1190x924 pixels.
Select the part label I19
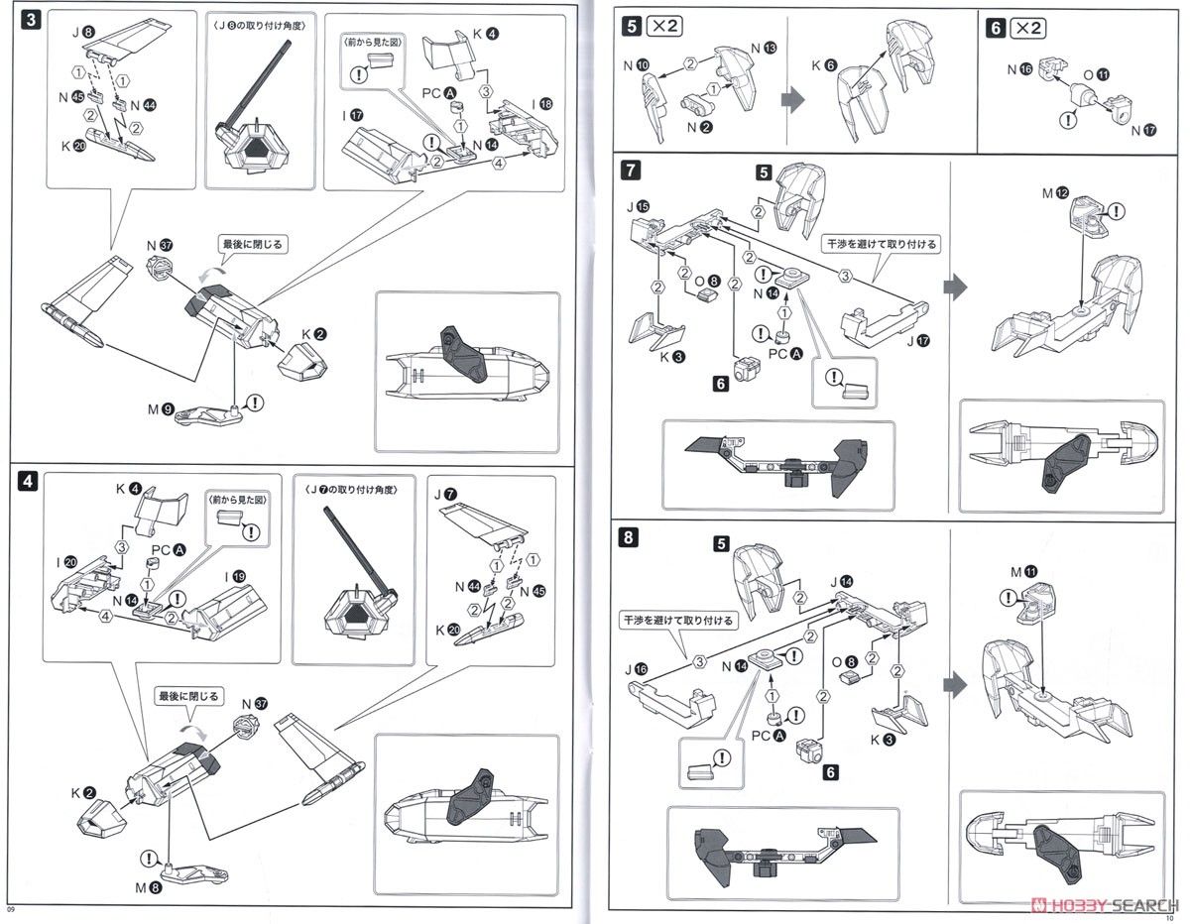click(235, 575)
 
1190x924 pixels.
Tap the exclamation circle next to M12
click(1117, 209)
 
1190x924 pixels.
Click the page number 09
click(12, 909)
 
